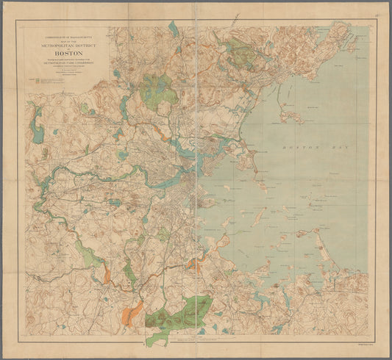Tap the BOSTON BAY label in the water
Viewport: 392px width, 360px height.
click(x=302, y=148)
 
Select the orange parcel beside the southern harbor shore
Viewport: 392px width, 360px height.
click(x=194, y=265)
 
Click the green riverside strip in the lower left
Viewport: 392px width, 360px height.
click(x=89, y=257)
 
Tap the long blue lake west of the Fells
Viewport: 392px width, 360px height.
click(x=124, y=107)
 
